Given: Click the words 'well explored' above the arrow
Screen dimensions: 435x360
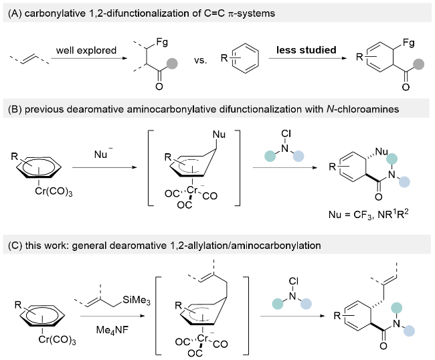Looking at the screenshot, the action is (x=86, y=50).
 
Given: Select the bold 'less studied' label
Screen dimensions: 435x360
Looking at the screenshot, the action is (x=307, y=50).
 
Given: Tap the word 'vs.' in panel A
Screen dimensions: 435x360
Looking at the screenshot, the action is (x=201, y=60).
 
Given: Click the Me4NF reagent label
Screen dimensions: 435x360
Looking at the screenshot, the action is (x=112, y=330).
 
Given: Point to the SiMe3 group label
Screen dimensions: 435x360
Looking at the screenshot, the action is (x=137, y=300).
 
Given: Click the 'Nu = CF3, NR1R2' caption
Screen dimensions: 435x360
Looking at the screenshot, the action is (x=369, y=214).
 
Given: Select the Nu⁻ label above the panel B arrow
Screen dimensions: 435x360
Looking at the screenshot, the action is (x=103, y=153).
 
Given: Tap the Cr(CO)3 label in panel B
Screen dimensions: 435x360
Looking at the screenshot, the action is (x=54, y=191).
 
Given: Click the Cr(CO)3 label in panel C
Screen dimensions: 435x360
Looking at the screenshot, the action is (x=57, y=340).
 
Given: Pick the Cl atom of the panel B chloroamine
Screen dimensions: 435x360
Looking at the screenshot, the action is (x=286, y=134).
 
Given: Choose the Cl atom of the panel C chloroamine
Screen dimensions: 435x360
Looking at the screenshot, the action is (x=294, y=281).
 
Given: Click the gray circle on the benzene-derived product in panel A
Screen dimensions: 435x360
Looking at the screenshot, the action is (x=419, y=64).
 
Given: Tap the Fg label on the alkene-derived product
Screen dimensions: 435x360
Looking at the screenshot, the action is (x=162, y=42).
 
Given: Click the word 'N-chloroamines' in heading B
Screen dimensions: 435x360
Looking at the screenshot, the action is (x=363, y=109).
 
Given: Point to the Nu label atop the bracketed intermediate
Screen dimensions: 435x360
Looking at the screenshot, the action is (x=219, y=134).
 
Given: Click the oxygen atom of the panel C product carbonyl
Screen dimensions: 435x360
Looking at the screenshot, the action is (x=383, y=346).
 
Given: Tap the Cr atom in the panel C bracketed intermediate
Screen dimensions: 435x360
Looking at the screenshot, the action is (x=203, y=339).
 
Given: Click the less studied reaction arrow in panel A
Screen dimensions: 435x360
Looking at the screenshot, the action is (x=307, y=58).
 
